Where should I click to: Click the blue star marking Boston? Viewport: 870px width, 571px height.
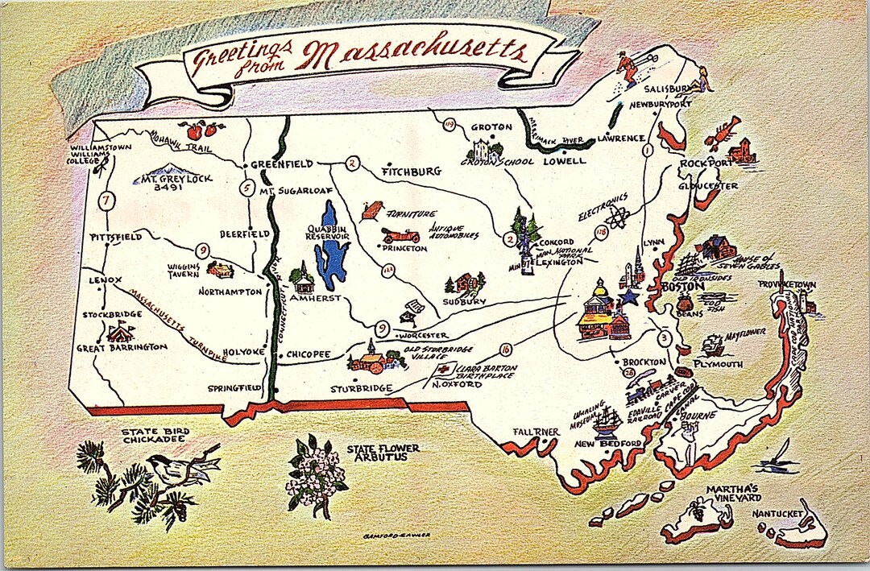[x=628, y=297]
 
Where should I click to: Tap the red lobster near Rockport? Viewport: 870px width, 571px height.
[x=723, y=132]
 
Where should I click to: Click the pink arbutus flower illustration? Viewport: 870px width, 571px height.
[x=315, y=475]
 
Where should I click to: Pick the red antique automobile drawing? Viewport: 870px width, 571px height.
[x=401, y=235]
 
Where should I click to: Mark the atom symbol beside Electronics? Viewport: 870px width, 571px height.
[x=617, y=218]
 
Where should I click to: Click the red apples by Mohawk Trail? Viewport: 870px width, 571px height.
[x=201, y=129]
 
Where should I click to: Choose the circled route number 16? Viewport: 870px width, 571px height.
[x=505, y=349]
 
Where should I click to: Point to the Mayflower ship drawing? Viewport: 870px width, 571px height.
[x=712, y=344]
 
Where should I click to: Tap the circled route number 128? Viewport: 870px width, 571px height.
[x=600, y=232]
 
